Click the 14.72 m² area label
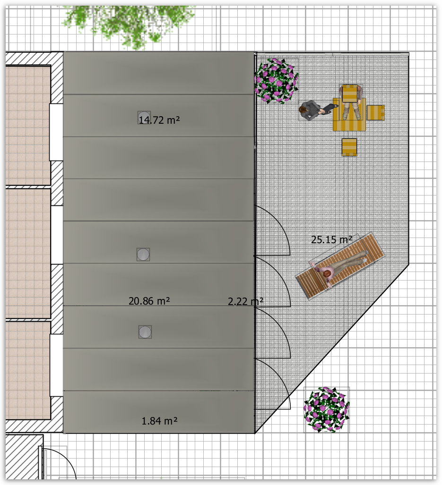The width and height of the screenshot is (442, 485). [159, 119]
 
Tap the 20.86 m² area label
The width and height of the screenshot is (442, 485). [149, 301]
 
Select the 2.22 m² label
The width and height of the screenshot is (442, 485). [245, 301]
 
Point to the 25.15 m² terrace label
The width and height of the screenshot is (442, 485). [331, 239]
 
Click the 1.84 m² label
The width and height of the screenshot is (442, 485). [159, 421]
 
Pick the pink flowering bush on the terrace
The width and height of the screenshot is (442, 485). [276, 80]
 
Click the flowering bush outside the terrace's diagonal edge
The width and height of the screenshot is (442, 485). [327, 409]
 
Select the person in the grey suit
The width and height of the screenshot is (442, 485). [316, 111]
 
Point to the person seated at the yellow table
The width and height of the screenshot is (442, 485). [350, 102]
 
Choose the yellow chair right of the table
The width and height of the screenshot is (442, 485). [375, 112]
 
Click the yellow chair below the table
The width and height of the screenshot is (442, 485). [349, 147]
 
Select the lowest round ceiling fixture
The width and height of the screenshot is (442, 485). [145, 332]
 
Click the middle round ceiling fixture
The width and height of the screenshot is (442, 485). [143, 254]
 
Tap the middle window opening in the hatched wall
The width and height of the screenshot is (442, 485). [56, 235]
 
